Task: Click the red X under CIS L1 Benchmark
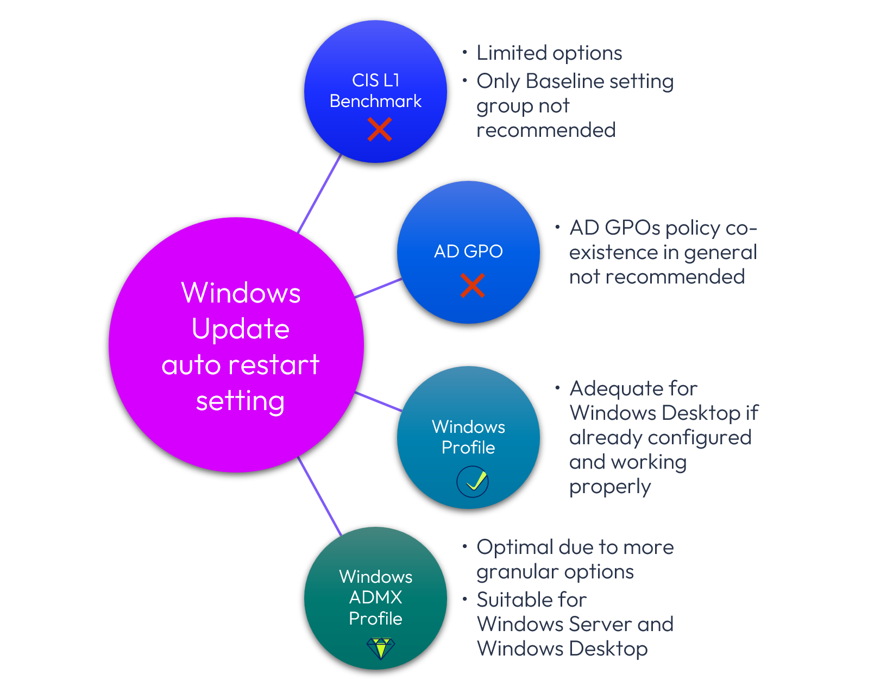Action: [x=379, y=130]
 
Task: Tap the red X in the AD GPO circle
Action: [x=472, y=286]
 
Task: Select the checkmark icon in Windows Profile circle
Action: [x=473, y=482]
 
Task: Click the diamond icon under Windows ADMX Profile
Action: [x=380, y=648]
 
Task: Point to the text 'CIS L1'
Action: [x=375, y=80]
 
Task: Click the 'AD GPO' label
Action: [x=468, y=251]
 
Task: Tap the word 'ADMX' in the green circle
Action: [x=375, y=597]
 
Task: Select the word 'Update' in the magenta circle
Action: [x=241, y=329]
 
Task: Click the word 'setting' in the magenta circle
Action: [x=240, y=401]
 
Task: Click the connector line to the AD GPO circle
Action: [x=379, y=288]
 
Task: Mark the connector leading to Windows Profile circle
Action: [x=379, y=401]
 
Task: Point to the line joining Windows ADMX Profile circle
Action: [x=320, y=496]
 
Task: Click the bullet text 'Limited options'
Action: [x=549, y=53]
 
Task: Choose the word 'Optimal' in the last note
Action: [x=514, y=547]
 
